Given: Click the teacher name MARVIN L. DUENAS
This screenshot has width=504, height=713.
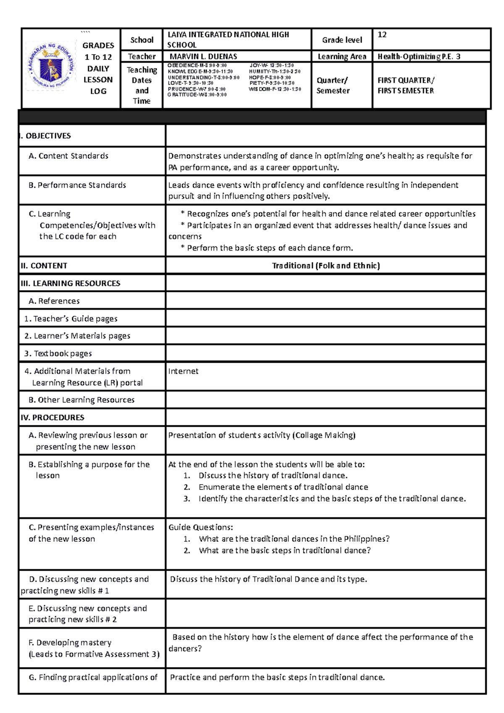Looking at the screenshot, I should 203,56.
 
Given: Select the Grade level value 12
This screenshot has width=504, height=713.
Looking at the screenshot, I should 382,34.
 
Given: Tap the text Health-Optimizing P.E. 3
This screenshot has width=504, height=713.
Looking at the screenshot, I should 419,56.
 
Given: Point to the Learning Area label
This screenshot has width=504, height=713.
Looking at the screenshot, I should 342,56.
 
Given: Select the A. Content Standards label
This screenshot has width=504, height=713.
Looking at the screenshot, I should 68,156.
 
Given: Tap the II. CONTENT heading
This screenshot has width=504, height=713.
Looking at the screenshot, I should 44,265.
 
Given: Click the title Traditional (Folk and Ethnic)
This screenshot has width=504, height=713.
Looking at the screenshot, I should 326,265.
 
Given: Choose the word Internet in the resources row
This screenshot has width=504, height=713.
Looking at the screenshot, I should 183,371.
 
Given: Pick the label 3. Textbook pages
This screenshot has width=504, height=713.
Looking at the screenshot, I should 58,354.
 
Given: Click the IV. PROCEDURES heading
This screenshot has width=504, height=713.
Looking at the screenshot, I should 52,417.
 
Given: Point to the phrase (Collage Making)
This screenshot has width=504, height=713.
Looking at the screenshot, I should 324,435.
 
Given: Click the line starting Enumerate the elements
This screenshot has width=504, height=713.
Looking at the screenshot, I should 283,487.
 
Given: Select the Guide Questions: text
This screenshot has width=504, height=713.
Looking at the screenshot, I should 200,527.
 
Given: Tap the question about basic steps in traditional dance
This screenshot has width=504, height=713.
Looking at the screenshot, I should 284,550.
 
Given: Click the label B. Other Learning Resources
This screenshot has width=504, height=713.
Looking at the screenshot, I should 81,400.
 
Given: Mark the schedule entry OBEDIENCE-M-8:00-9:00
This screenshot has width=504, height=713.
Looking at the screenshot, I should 197,66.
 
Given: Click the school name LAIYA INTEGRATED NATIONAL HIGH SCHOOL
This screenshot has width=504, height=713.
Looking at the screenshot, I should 228,39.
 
